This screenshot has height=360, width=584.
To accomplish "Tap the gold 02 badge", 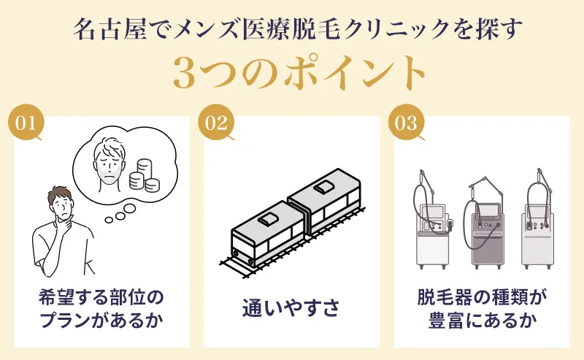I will tap(216, 123).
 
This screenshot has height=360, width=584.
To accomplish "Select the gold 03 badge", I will tap(406, 123).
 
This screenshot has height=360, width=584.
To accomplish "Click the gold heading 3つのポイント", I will tap(292, 72).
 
